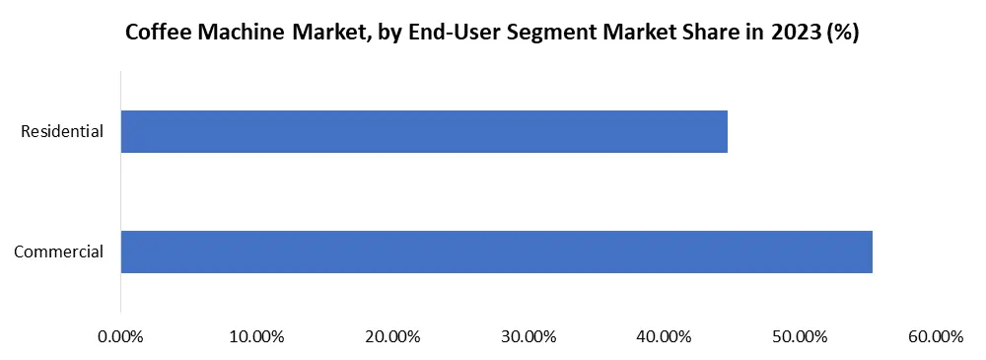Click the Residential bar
click(x=424, y=131)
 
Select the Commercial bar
click(x=496, y=252)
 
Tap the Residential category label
click(x=62, y=131)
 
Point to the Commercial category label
click(x=59, y=252)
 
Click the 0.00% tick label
click(x=121, y=337)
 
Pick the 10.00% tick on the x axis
click(x=256, y=337)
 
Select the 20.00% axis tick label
click(x=392, y=337)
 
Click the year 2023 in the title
click(x=794, y=33)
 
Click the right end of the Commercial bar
click(x=871, y=252)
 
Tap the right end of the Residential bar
click(x=726, y=131)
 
